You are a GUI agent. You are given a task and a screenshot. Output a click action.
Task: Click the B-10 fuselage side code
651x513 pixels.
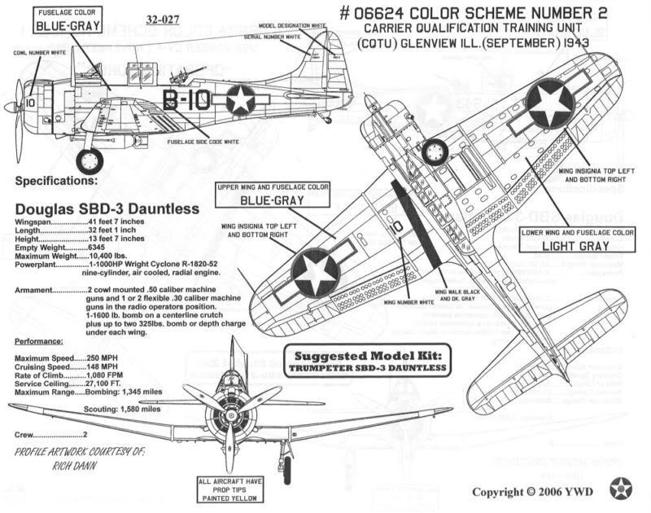click(x=186, y=100)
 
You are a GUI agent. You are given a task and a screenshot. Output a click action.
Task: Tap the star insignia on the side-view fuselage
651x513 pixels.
click(x=241, y=100)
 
